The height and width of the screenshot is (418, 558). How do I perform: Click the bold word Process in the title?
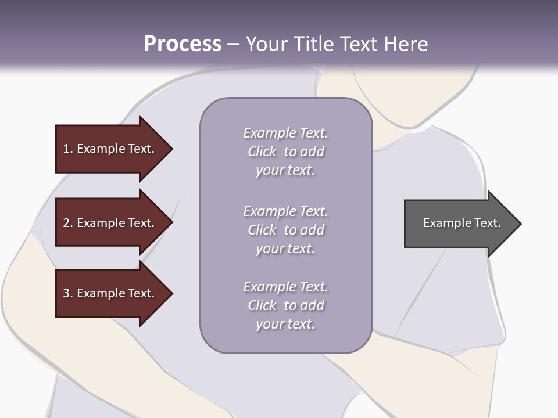tap(183, 44)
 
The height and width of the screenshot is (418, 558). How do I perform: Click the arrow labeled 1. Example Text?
tap(109, 149)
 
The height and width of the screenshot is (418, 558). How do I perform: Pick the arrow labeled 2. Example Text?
tap(109, 223)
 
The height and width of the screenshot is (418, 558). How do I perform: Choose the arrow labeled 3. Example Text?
tap(109, 293)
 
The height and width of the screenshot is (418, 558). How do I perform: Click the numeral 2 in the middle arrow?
tap(66, 223)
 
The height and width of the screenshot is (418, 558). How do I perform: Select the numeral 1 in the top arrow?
tap(66, 149)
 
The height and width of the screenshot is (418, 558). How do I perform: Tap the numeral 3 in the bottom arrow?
tap(66, 293)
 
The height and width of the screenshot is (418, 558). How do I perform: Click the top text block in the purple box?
tap(285, 151)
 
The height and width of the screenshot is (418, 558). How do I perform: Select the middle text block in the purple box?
tap(285, 229)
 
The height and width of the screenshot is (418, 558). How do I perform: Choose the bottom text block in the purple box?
tap(285, 305)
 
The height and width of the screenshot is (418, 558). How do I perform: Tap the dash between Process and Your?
tap(233, 44)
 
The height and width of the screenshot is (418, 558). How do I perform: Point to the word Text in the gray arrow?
tap(488, 223)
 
